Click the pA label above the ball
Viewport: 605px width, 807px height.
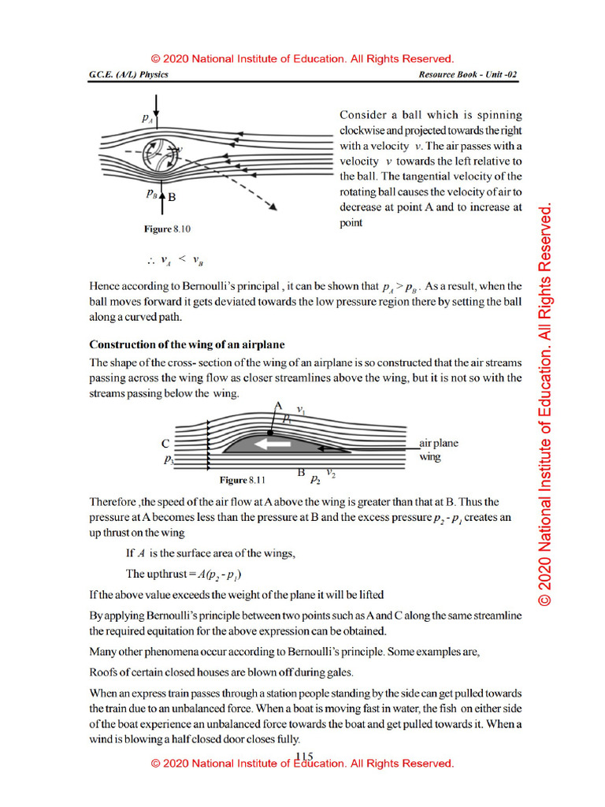tap(147, 118)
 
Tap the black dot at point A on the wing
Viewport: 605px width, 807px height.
tap(269, 433)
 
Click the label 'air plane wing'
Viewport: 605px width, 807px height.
tap(438, 449)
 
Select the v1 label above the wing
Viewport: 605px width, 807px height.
tap(301, 409)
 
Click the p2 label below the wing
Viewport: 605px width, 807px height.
tap(315, 478)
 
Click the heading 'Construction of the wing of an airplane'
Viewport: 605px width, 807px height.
tap(187, 344)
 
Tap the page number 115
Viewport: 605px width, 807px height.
tap(304, 756)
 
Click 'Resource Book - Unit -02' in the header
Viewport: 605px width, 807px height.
tap(468, 75)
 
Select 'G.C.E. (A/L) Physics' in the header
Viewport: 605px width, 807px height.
tap(128, 75)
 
